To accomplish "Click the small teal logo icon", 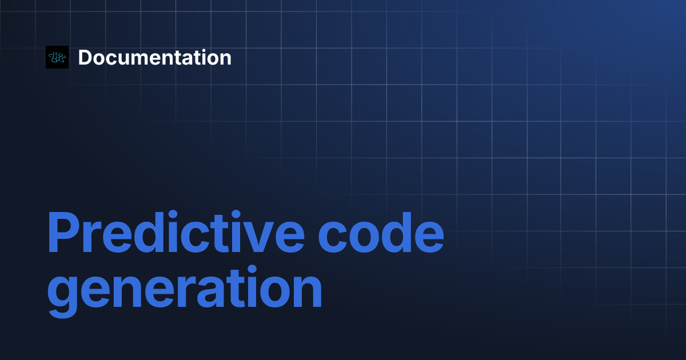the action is point(57,57).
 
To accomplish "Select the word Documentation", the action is point(155,58).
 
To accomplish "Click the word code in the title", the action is point(381,232).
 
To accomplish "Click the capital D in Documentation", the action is point(86,58).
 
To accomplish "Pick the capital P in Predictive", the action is point(63,233).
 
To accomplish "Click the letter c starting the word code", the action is point(333,237).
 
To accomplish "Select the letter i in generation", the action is point(252,286).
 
